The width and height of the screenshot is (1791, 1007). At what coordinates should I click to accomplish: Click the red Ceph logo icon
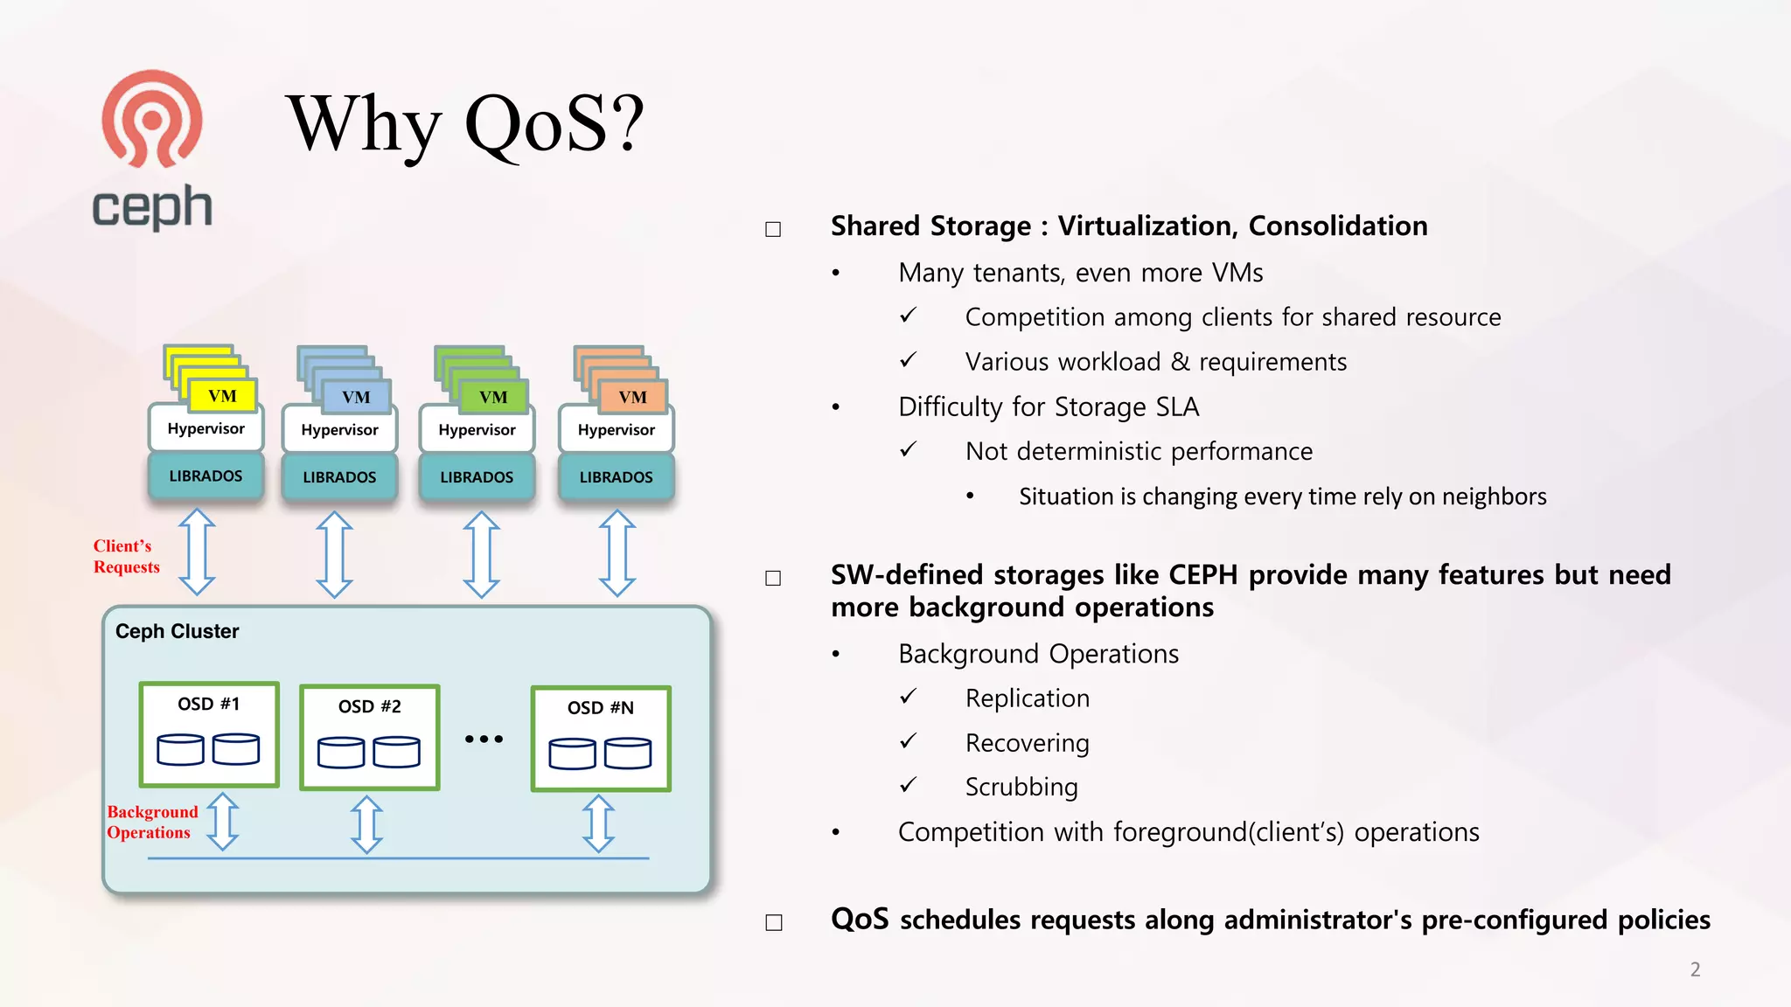[152, 119]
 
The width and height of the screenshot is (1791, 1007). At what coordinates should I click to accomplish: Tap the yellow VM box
[222, 396]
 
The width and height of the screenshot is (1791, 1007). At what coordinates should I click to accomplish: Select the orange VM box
[632, 397]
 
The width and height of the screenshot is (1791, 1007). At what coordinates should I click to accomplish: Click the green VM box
[493, 397]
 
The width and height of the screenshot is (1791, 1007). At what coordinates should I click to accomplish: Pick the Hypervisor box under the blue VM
[339, 430]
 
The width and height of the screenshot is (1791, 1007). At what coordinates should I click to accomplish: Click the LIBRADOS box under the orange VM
[616, 477]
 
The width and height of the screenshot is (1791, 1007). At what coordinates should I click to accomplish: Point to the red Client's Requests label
[126, 556]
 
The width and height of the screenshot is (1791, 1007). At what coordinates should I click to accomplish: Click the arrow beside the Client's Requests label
[197, 552]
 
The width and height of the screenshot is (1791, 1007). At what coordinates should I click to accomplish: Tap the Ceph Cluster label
[177, 631]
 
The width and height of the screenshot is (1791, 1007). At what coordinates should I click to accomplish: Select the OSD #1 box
[209, 735]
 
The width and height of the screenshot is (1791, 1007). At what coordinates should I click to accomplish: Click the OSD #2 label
[369, 706]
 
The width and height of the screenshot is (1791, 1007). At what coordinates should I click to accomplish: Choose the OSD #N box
[601, 739]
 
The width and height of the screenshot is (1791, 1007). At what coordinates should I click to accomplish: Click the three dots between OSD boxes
[484, 739]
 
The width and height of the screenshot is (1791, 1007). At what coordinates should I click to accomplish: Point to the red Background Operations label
[151, 822]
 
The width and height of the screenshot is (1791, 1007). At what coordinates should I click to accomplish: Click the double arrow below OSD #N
[598, 823]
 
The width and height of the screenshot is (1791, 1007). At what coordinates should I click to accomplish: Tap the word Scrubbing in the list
[1021, 787]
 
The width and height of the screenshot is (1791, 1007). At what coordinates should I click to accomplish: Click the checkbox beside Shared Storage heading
[773, 229]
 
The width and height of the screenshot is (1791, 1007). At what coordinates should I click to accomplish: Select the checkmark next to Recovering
[909, 741]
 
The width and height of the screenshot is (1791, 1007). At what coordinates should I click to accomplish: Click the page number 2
[1695, 969]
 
